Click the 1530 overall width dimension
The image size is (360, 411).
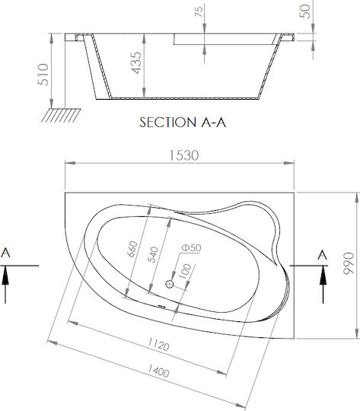click(183, 155)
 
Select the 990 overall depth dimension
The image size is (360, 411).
click(349, 263)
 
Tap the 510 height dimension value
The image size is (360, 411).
click(43, 75)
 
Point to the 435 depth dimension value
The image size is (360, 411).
click(136, 63)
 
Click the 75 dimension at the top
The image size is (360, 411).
click(199, 11)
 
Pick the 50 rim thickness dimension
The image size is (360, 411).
click(305, 11)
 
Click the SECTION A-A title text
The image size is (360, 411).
click(183, 123)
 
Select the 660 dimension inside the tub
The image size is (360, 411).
click(132, 249)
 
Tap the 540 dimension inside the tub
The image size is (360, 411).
click(153, 254)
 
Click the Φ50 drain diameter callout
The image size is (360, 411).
click(191, 247)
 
